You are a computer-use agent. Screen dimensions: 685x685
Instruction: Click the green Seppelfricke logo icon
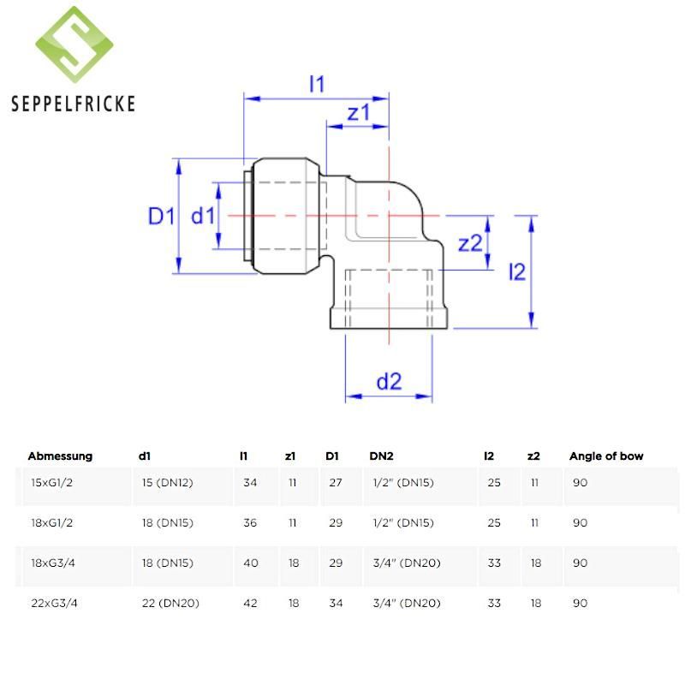point(74,47)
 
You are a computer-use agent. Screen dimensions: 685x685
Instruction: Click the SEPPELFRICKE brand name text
point(74,104)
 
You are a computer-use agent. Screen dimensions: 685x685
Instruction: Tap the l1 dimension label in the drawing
point(317,84)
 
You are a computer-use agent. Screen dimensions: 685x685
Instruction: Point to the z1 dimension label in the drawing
point(358,113)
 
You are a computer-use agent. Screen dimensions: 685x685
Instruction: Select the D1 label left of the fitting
point(161,216)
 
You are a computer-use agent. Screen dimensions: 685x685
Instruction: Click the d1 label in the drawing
point(203,216)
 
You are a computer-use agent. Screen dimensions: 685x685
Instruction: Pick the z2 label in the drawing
point(470,244)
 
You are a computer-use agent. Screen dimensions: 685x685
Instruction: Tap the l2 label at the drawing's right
point(516,272)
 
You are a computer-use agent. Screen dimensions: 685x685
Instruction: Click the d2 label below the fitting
point(389,382)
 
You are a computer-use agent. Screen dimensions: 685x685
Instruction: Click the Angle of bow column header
point(606,456)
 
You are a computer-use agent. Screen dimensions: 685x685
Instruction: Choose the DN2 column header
point(382,456)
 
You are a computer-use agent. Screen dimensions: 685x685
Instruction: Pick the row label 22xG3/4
point(55,603)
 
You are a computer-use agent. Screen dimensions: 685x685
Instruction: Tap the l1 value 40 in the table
point(250,563)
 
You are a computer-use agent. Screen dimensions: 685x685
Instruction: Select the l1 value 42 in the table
point(250,603)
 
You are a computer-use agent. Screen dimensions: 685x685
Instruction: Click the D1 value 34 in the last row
point(336,603)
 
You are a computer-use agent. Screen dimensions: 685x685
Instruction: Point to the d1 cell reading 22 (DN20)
point(170,603)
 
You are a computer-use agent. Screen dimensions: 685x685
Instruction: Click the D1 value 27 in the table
point(336,483)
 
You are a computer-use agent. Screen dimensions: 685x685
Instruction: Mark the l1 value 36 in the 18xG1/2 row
point(250,522)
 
